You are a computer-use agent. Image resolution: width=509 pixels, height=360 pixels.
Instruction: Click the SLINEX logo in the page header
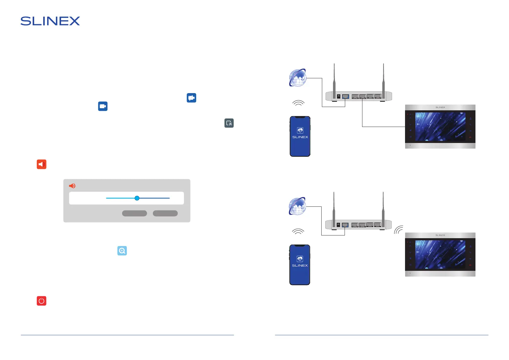click(50, 21)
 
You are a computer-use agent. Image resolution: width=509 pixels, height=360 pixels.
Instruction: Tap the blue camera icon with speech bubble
click(191, 98)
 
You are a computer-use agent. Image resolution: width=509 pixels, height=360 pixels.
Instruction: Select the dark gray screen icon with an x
click(229, 123)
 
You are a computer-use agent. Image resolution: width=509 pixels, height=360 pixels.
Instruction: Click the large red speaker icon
click(41, 164)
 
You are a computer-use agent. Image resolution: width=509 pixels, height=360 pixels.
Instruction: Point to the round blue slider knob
click(137, 198)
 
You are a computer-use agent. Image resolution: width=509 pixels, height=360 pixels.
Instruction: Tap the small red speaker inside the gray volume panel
click(72, 186)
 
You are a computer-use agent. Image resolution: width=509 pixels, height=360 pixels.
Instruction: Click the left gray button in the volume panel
click(134, 213)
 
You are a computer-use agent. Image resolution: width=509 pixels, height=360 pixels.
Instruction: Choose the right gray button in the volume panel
click(165, 213)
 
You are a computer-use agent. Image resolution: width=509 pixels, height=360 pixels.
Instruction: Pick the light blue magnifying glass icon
click(122, 251)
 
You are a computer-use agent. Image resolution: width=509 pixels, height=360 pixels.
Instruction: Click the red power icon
click(41, 301)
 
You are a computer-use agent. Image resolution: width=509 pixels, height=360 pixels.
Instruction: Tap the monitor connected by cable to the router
click(440, 127)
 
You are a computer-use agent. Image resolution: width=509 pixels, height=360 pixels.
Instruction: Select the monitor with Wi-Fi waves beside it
click(440, 255)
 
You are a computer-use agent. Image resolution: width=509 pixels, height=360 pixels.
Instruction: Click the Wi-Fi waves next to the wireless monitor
click(399, 230)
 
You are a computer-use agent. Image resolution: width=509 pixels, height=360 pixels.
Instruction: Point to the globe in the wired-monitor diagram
click(298, 78)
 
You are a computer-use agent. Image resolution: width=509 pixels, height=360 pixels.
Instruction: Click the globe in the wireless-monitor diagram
click(297, 206)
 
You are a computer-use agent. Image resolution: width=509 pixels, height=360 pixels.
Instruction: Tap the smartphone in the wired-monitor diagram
click(300, 137)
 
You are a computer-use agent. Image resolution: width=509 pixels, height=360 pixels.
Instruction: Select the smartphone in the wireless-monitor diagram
click(300, 265)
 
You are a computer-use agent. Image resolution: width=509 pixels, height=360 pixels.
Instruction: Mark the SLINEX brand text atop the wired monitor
click(440, 107)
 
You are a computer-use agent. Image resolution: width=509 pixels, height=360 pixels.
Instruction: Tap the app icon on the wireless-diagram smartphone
click(300, 259)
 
